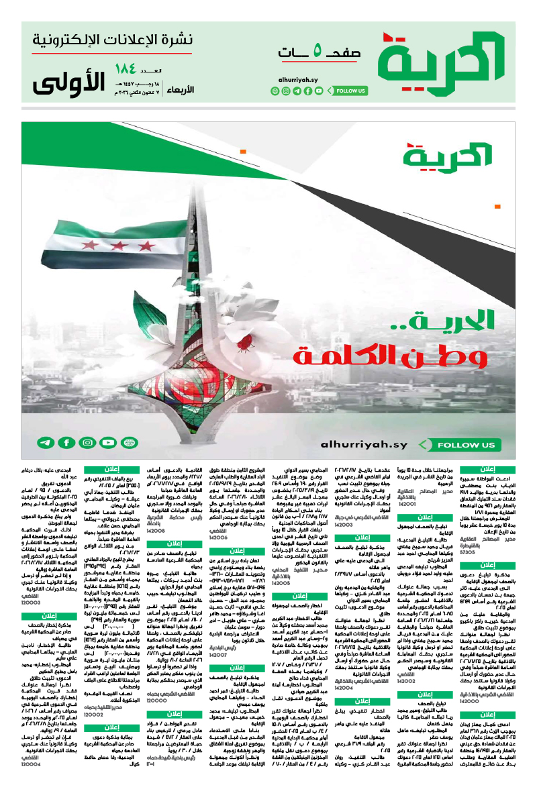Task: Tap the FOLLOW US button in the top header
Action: coord(351,91)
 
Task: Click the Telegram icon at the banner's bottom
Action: coord(46,443)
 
